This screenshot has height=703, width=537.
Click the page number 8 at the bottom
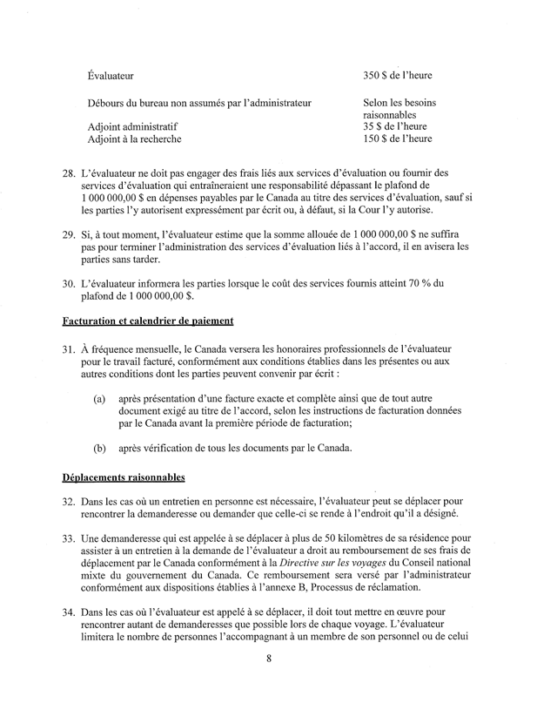270,683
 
